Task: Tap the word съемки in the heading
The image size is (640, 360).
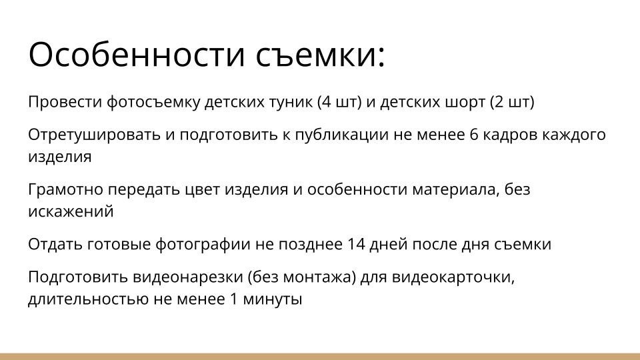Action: (321, 55)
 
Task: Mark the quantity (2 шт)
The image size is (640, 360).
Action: (512, 103)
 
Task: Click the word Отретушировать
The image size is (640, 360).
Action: (93, 135)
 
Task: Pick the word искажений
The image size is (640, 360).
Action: (71, 212)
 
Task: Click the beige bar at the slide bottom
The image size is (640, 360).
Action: (320, 357)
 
